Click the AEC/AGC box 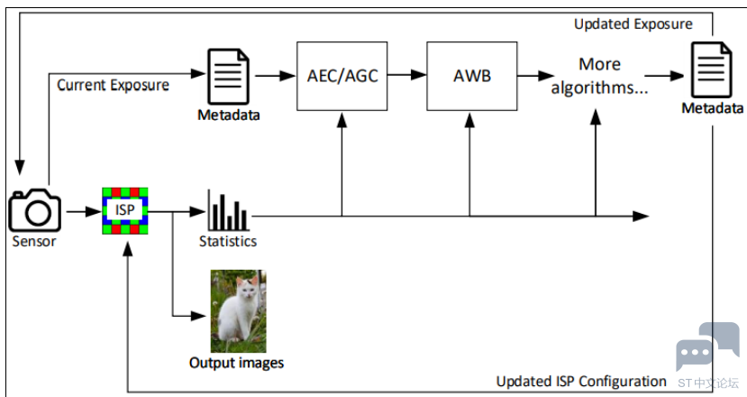342,76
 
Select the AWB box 471,76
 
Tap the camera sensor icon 34,209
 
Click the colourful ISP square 124,210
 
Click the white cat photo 238,310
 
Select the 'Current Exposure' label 113,86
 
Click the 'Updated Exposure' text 633,24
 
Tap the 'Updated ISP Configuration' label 581,381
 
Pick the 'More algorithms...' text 599,76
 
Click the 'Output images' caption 236,363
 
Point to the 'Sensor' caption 34,241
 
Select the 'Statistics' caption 228,241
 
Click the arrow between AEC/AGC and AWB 413,76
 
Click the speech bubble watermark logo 707,346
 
